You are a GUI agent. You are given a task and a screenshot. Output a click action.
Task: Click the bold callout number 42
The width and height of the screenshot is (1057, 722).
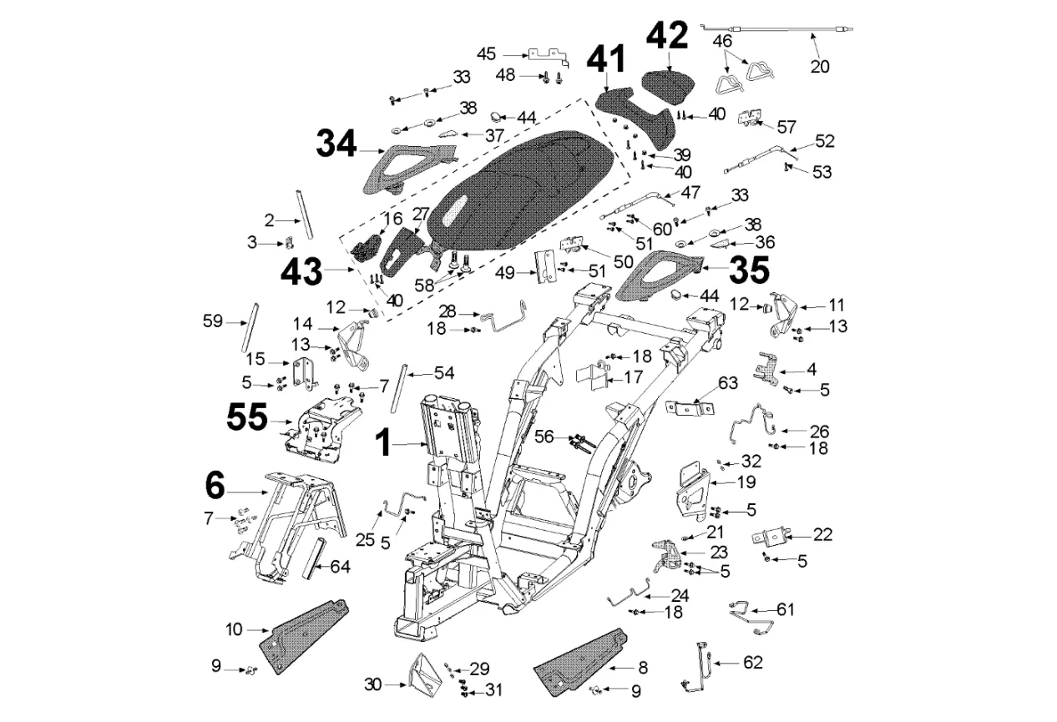pyautogui.click(x=668, y=36)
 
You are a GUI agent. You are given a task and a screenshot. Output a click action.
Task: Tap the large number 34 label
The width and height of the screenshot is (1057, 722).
pyautogui.click(x=336, y=144)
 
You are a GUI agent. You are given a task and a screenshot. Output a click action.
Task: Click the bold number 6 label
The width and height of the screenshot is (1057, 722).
pyautogui.click(x=215, y=483)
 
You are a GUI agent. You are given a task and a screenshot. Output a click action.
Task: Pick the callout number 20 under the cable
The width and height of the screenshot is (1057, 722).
pyautogui.click(x=820, y=66)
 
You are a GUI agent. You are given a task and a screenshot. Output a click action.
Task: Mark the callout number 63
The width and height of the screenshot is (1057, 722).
pyautogui.click(x=728, y=384)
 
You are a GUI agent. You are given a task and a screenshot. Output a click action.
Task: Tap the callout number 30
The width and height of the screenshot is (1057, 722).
pyautogui.click(x=372, y=684)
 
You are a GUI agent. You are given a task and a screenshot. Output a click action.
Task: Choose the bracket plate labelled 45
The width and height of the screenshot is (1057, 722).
pyautogui.click(x=548, y=57)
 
